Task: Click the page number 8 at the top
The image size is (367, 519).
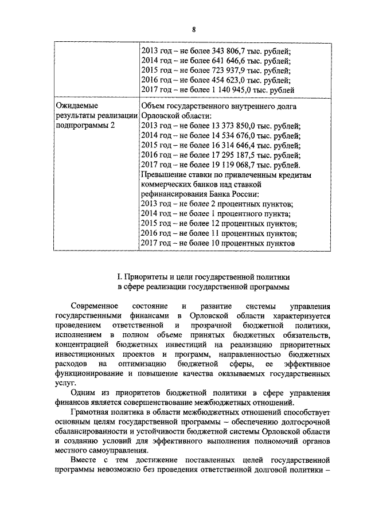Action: pos(194,29)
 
